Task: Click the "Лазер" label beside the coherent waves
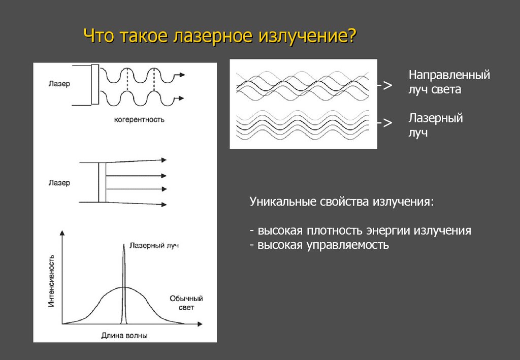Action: (x=60, y=84)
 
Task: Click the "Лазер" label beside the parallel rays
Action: (x=60, y=183)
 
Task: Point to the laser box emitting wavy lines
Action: (x=95, y=84)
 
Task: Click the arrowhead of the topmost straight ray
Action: (x=164, y=160)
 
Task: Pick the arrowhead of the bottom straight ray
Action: (x=164, y=205)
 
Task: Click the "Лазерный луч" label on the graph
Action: (x=154, y=245)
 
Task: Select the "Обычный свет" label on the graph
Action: (x=186, y=303)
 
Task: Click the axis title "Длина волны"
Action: (x=125, y=335)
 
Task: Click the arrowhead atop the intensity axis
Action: (x=62, y=233)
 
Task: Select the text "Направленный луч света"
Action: (x=449, y=82)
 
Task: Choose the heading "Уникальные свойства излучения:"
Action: (x=342, y=202)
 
